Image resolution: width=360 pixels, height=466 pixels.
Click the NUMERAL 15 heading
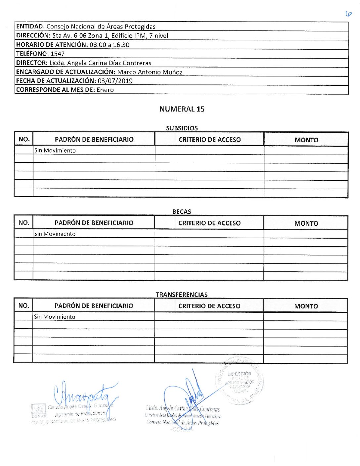[x=182, y=109]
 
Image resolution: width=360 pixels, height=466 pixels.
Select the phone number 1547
[x=58, y=54]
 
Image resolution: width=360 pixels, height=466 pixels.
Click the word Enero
[x=105, y=90]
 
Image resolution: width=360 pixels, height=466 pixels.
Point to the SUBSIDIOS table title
[x=182, y=128]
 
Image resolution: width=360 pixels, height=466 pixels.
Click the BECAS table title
[x=182, y=211]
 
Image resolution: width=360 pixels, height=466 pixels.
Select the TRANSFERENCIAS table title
[x=182, y=295]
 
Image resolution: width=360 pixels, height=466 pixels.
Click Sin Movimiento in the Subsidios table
[x=55, y=150]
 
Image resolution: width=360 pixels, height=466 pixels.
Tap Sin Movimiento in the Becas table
[x=55, y=234]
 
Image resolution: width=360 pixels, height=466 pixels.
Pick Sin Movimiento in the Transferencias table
[x=55, y=317]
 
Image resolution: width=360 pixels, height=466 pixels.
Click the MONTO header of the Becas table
[x=306, y=223]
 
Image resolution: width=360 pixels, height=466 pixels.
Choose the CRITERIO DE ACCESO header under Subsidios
[x=209, y=140]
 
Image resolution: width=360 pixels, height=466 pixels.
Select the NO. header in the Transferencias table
[x=23, y=306]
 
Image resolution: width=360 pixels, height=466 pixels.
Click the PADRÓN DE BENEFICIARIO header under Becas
[x=94, y=223]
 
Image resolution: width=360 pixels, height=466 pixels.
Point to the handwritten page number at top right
[x=348, y=14]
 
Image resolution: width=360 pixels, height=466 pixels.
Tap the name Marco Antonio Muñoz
[x=150, y=72]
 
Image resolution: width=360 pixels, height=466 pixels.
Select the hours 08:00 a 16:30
[x=110, y=45]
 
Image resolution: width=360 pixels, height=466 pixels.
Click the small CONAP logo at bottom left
[x=38, y=411]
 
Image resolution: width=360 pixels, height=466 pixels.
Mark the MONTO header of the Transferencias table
[x=306, y=306]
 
